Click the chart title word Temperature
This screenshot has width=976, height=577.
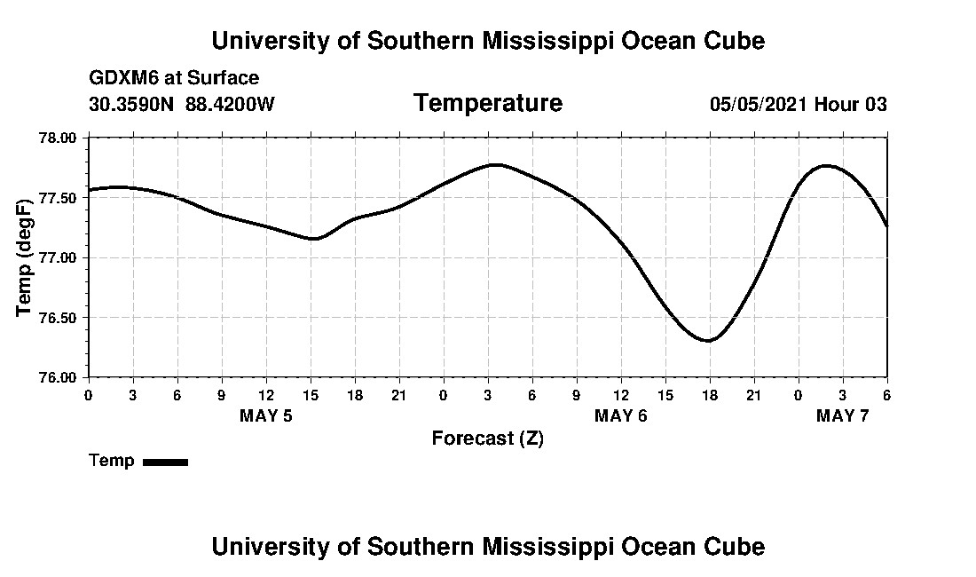[487, 104]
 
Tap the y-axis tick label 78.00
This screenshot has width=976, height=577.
[59, 138]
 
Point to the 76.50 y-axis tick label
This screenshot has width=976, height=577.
[59, 317]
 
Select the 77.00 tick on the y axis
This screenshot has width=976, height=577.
[59, 257]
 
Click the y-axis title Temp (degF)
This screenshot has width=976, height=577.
[26, 257]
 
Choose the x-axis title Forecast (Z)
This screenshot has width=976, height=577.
[487, 439]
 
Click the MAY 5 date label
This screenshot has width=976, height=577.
[266, 415]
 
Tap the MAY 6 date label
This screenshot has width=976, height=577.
[621, 415]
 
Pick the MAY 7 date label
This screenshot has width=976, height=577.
[843, 415]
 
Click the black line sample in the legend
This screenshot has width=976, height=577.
[165, 462]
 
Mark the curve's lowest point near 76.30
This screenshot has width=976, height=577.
[708, 340]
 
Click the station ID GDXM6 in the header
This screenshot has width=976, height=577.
[119, 78]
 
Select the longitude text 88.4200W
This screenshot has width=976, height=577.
[230, 104]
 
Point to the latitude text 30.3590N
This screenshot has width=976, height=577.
[132, 104]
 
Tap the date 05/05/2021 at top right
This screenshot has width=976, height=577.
[758, 104]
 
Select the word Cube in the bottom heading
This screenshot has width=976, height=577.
[736, 546]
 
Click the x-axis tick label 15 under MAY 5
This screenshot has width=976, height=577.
[311, 394]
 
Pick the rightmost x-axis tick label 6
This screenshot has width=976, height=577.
[886, 394]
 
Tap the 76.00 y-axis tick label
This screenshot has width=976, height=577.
[59, 376]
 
